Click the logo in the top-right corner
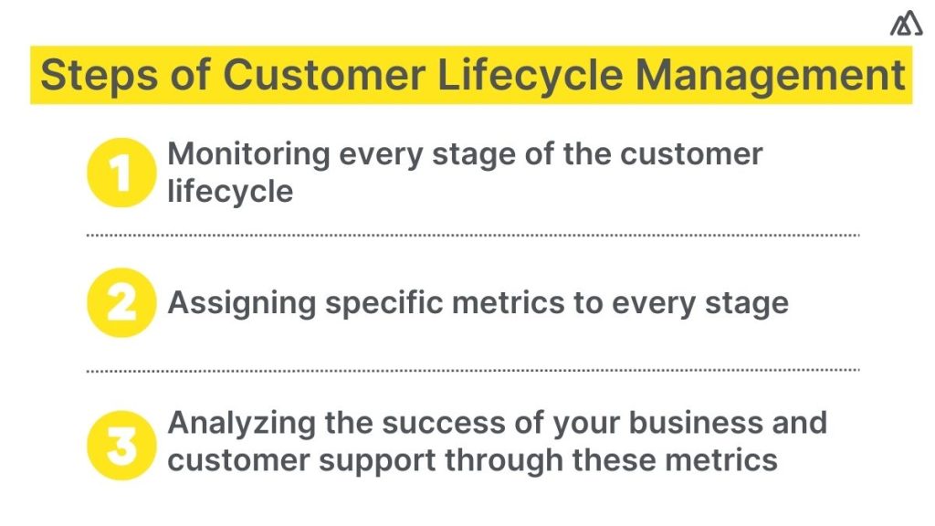(906, 26)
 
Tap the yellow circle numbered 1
(121, 172)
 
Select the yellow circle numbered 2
(121, 302)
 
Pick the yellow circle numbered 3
(121, 442)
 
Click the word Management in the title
(770, 75)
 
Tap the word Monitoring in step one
(248, 153)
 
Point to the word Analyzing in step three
(237, 423)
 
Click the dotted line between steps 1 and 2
(473, 236)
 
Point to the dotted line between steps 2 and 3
(473, 370)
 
